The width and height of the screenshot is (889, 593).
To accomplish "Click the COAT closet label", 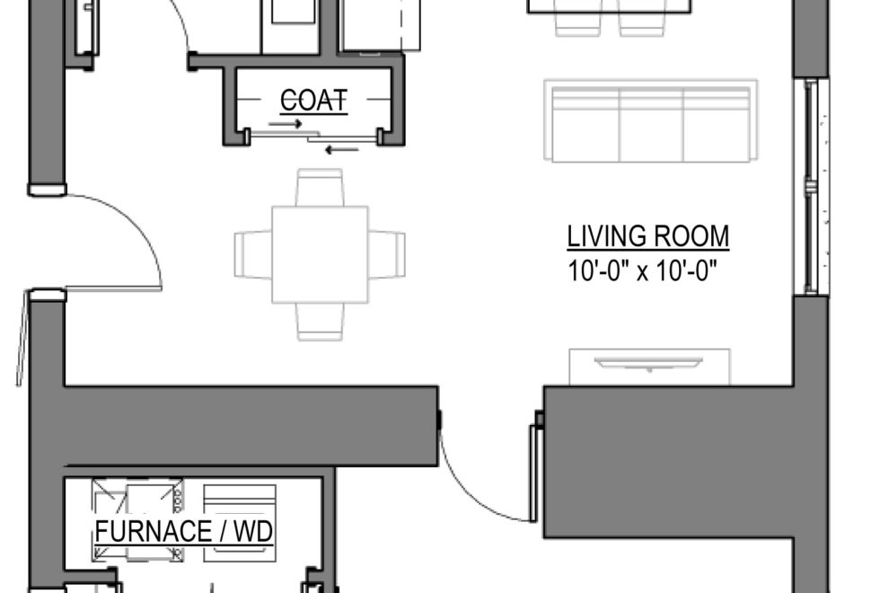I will pos(313,101).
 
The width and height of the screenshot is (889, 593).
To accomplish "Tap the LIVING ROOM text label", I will pos(647,237).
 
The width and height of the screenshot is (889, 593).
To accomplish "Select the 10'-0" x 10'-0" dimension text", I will pos(646,270).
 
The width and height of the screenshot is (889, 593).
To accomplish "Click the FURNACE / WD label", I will pos(184,532).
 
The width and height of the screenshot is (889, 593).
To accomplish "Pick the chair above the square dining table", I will pos(320,187).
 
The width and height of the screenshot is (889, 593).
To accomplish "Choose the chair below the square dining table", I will pos(320,322).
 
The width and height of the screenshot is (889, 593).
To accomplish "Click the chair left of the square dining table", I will pos(252,254).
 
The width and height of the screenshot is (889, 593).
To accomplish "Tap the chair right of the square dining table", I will pos(387,254).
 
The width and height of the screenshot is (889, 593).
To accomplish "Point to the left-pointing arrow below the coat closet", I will pos(342,148).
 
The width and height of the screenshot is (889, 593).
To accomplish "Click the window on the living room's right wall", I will pos(812,187).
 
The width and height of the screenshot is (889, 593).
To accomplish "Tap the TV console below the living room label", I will pos(649,367).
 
